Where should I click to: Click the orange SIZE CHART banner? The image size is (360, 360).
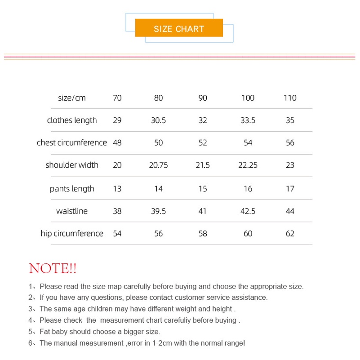[x=179, y=29]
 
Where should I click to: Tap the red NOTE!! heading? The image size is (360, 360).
[x=53, y=269]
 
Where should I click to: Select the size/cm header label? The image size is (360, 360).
[x=72, y=98]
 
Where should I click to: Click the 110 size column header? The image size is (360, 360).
[x=290, y=98]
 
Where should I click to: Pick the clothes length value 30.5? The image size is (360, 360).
[x=158, y=120]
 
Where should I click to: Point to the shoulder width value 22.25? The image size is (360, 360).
[x=248, y=165]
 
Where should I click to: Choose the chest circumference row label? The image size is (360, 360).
[x=72, y=143]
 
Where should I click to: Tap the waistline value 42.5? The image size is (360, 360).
[x=248, y=211]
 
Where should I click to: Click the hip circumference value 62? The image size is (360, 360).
[x=290, y=234]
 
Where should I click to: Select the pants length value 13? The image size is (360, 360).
[x=117, y=189]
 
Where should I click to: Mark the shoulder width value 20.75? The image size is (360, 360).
[x=158, y=165]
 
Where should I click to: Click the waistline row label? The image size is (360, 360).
[x=72, y=211]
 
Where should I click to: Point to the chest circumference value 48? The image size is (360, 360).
[x=117, y=143]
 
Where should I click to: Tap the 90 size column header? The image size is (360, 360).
[x=203, y=98]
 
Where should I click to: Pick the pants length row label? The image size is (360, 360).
[x=72, y=189]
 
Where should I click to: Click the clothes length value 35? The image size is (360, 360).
[x=290, y=120]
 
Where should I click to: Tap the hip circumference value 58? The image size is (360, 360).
[x=203, y=234]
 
